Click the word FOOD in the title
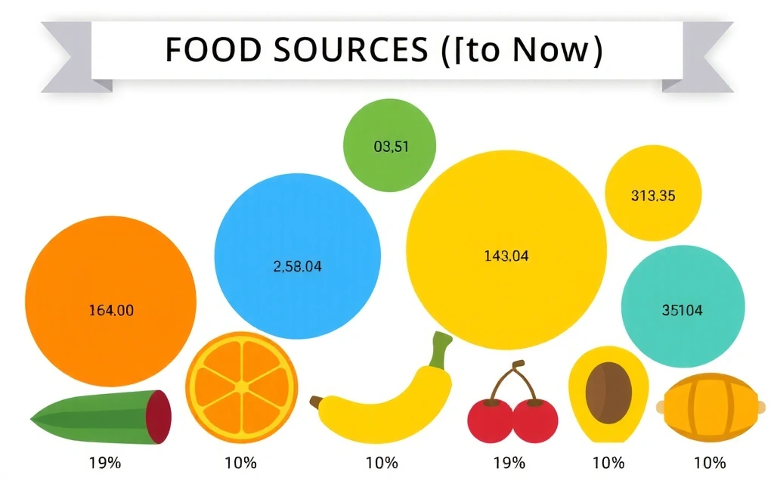(x=203, y=50)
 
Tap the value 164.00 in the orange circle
(x=111, y=309)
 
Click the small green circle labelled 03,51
(x=391, y=147)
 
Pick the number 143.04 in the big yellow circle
(x=506, y=256)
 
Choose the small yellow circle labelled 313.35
(x=653, y=196)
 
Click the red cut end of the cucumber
(x=159, y=417)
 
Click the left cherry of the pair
(x=490, y=419)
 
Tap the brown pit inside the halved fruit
(x=608, y=389)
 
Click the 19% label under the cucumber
(x=104, y=462)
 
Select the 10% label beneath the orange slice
(x=241, y=462)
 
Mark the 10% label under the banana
(x=381, y=462)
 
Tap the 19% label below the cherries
(x=509, y=462)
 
